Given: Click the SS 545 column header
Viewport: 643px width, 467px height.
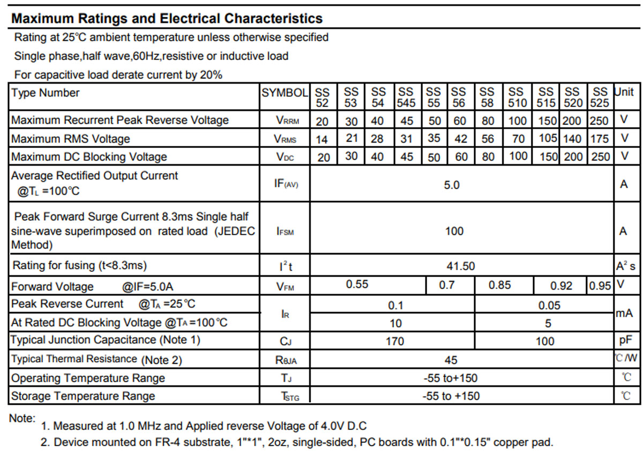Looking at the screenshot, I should coord(407,97).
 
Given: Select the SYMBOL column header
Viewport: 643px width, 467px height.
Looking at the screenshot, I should coord(285,93).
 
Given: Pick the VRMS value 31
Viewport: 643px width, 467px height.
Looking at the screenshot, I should coord(407,139).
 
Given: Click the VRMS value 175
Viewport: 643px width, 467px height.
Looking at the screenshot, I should coord(600,139).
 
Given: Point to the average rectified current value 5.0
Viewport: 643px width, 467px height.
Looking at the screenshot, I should coord(452,185).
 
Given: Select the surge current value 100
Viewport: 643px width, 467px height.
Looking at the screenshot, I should coord(454,231).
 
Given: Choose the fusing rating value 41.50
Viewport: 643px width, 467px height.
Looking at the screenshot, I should coord(461,266).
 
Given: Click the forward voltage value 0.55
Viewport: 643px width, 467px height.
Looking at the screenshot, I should coord(357,285).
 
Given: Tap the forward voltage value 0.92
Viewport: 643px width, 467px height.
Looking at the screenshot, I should coord(561,286).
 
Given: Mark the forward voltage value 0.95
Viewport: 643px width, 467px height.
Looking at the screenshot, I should coord(600,286).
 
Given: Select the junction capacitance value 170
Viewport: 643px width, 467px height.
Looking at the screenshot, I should coord(395,341).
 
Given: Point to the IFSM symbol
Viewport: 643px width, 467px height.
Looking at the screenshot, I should coord(285,232).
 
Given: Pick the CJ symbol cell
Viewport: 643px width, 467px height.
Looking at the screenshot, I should coord(285,341).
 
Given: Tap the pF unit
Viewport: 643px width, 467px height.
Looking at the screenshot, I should coord(625,340).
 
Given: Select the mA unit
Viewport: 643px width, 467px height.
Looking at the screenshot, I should coord(624,313).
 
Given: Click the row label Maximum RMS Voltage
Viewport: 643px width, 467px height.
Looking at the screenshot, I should coord(71,139).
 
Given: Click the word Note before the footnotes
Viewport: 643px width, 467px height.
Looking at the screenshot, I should coord(23,418).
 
